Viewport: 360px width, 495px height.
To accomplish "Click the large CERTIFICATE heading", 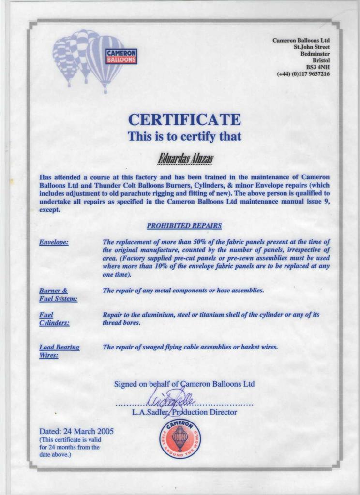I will (x=184, y=119).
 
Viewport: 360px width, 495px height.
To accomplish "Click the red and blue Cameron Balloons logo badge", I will (x=121, y=56).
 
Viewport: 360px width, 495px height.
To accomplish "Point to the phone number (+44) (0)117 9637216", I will (x=303, y=74).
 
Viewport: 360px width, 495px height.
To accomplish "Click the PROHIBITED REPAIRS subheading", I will (x=184, y=225).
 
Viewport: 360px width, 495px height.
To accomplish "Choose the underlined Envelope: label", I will (x=53, y=242).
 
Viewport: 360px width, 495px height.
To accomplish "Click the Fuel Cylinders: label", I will (x=54, y=319).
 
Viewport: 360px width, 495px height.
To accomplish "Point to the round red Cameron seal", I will (x=180, y=439).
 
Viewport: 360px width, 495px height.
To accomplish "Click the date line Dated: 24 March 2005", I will (x=76, y=431).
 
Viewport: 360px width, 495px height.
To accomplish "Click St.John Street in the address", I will (x=312, y=47).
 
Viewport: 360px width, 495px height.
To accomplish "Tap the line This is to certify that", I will (x=184, y=136).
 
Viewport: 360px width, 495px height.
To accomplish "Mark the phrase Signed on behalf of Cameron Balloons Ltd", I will (x=184, y=384).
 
